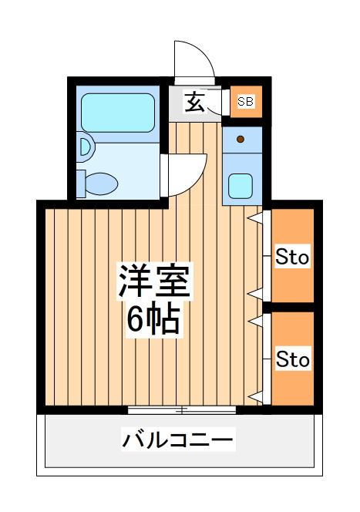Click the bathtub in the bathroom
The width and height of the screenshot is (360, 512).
[x=118, y=113]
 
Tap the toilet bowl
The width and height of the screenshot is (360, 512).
[x=101, y=184]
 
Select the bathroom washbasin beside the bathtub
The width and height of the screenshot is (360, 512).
[x=86, y=147]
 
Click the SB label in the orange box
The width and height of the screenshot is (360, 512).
[x=245, y=101]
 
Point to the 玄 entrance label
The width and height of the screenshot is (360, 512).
[x=194, y=102]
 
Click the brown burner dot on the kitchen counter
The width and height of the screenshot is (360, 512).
[x=241, y=140]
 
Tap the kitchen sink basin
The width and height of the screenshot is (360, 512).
[x=241, y=186]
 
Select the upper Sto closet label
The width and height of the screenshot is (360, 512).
[x=292, y=257]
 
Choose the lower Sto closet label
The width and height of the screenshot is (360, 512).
[x=293, y=359]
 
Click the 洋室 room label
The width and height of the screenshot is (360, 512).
[x=154, y=281]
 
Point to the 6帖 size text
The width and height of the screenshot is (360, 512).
[x=153, y=320]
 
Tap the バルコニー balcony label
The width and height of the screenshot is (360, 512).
[x=178, y=440]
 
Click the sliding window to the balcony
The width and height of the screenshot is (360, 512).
[x=182, y=410]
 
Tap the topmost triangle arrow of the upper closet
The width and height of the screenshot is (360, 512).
[x=255, y=217]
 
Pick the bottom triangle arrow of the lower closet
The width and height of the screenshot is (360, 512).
[x=256, y=397]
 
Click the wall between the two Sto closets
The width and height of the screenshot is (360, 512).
[x=288, y=307]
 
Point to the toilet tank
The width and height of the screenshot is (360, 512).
[x=81, y=184]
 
